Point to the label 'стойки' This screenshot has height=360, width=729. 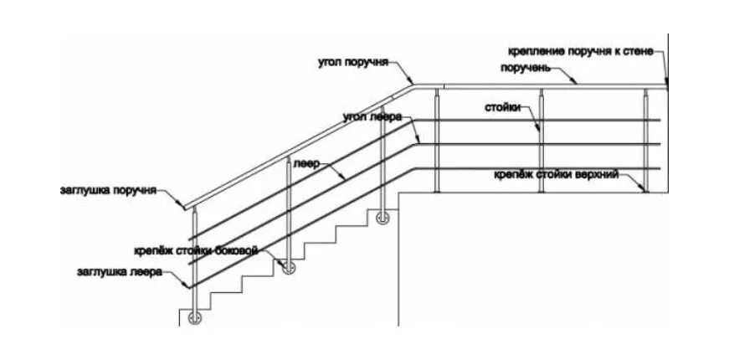(502, 107)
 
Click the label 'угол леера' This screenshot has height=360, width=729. (373, 116)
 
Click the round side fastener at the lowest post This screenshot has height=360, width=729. (195, 317)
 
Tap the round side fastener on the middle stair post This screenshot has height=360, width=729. (289, 267)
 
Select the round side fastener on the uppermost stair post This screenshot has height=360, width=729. (383, 219)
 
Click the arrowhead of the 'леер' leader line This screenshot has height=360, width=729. (344, 178)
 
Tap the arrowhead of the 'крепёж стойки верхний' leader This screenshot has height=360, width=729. (644, 190)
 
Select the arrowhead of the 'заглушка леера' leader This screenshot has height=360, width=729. (186, 286)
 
